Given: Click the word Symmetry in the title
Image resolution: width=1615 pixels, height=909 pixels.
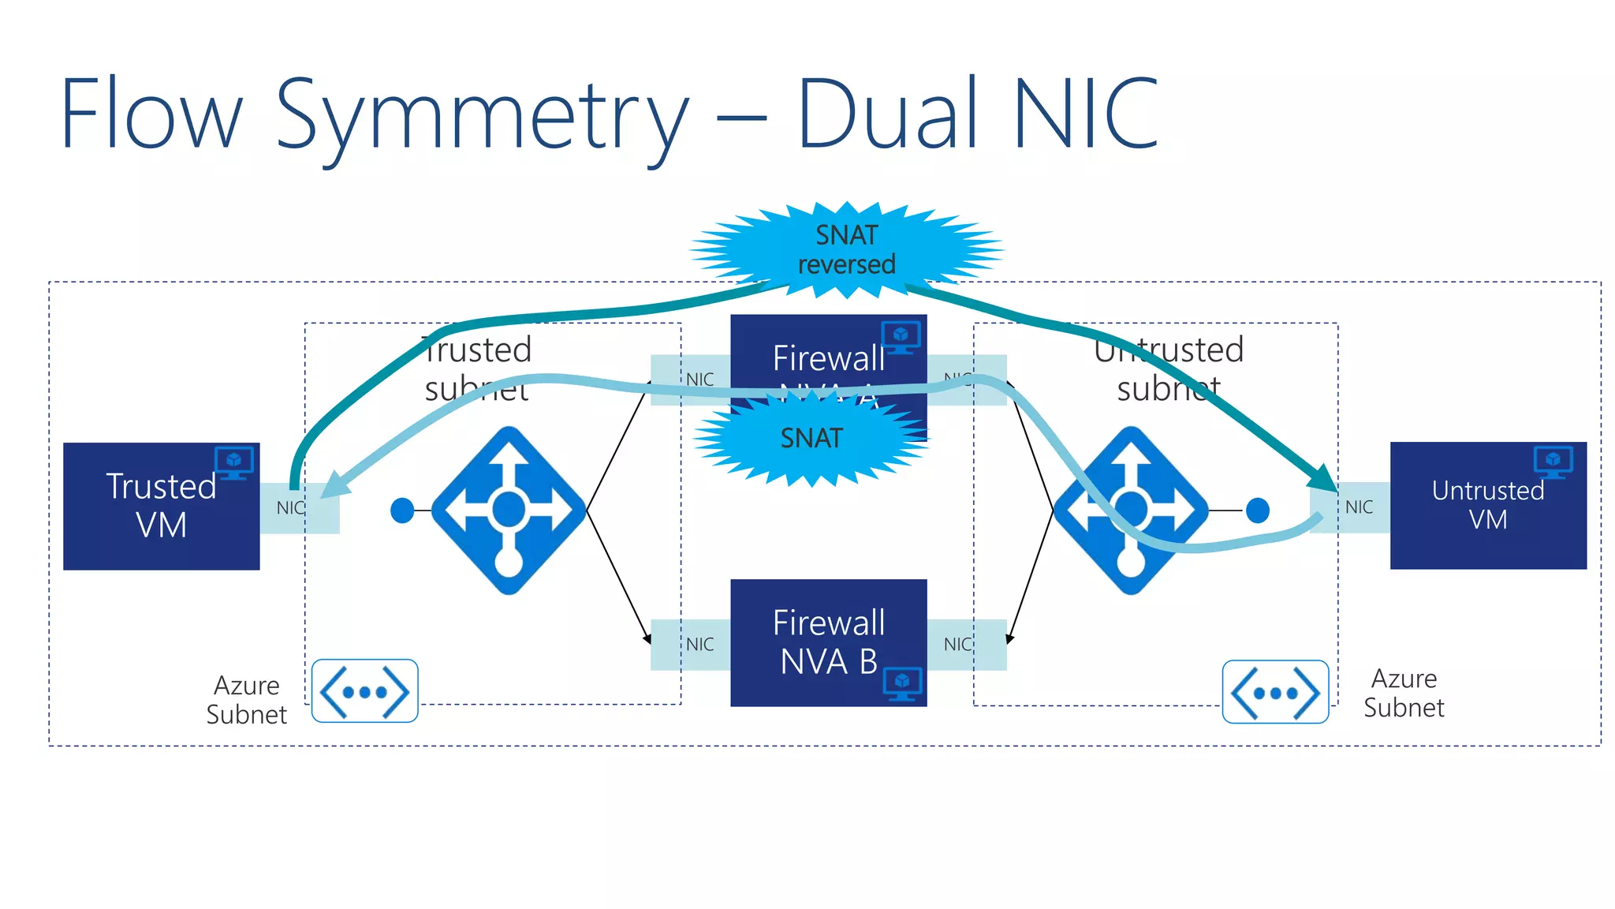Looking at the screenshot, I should [481, 114].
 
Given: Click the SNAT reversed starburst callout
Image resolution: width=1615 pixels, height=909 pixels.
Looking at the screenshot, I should [846, 249].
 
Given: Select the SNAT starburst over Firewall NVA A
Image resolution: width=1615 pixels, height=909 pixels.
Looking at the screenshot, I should [811, 438].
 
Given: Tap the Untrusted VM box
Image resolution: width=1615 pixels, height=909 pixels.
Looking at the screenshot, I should [1487, 505].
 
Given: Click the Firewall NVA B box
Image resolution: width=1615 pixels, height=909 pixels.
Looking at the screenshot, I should [828, 642].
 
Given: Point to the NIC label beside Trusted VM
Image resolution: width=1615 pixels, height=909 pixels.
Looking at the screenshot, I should [289, 508].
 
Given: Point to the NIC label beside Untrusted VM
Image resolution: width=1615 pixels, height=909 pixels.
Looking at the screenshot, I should [1359, 507].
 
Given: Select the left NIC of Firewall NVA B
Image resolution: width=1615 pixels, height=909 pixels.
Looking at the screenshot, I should [699, 645].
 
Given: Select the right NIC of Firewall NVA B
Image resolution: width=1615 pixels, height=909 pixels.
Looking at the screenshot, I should [957, 645].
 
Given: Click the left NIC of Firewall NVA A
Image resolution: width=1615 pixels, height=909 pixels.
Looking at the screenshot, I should [699, 380].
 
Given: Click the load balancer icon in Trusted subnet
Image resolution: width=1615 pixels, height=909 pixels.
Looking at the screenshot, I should [509, 511].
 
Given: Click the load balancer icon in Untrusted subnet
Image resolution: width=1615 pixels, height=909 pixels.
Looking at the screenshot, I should [1131, 511].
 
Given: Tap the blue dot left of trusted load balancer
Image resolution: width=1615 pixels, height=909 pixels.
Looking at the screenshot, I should [402, 511].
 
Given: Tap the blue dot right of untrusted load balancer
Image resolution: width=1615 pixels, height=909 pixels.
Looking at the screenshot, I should [1258, 511].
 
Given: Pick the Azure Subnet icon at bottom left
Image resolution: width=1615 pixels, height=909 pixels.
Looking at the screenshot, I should [364, 691].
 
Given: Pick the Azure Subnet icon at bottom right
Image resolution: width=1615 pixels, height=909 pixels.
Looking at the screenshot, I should [1275, 692].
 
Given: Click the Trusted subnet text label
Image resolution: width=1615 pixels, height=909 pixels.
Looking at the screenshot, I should [477, 368].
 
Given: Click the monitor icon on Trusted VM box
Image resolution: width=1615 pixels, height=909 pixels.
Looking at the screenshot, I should [234, 462].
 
